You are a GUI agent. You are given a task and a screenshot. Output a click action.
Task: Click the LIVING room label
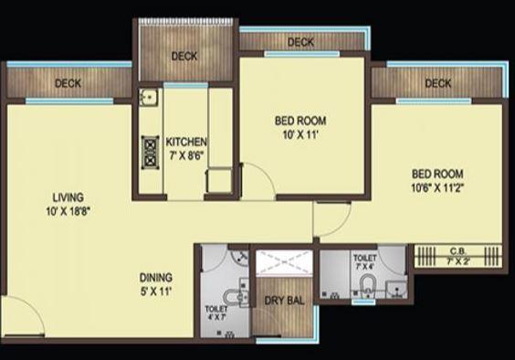pos(68,196)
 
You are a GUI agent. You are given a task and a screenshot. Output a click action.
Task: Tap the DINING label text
pos(157,278)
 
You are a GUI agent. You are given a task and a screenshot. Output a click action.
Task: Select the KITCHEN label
pos(186,142)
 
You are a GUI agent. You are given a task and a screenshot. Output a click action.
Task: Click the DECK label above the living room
pos(68,83)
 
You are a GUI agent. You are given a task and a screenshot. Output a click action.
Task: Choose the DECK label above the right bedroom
pos(437,84)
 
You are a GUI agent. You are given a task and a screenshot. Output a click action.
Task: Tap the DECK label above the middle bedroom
pos(300,42)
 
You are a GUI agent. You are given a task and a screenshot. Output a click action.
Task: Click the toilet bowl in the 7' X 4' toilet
pos(368,283)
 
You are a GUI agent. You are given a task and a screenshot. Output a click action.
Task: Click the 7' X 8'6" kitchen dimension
pos(186,155)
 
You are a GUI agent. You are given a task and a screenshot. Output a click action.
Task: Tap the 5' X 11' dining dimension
pos(156,291)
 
